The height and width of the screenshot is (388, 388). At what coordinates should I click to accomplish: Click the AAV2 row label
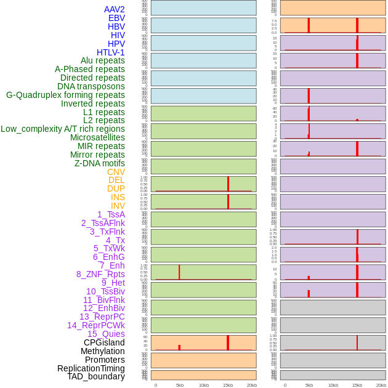tap(114, 9)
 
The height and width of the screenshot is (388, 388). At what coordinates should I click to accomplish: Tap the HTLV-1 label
tap(110, 52)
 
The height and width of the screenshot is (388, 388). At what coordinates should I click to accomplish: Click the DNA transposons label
tap(91, 86)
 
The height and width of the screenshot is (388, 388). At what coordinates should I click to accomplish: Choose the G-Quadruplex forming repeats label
tap(65, 95)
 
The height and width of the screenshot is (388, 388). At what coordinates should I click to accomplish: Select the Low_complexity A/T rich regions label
tap(63, 129)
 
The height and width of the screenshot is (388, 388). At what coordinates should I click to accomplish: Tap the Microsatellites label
tap(97, 137)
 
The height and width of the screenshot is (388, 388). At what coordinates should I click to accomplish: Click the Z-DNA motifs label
tap(99, 163)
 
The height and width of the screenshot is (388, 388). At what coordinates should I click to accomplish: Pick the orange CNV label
tap(116, 172)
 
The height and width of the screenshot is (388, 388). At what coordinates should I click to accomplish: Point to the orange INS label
tap(118, 197)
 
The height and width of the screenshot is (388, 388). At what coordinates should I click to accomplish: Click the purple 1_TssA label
tap(111, 214)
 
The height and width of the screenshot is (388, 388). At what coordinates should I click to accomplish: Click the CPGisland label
tap(104, 342)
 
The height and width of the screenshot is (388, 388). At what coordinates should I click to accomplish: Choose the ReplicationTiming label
tap(91, 368)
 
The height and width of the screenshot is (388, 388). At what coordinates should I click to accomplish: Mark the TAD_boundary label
tap(95, 376)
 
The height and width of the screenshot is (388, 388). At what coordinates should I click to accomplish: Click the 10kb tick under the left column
tap(204, 385)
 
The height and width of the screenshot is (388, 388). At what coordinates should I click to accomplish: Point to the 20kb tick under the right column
tap(381, 385)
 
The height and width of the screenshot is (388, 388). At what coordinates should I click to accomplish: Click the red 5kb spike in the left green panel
tap(179, 272)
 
